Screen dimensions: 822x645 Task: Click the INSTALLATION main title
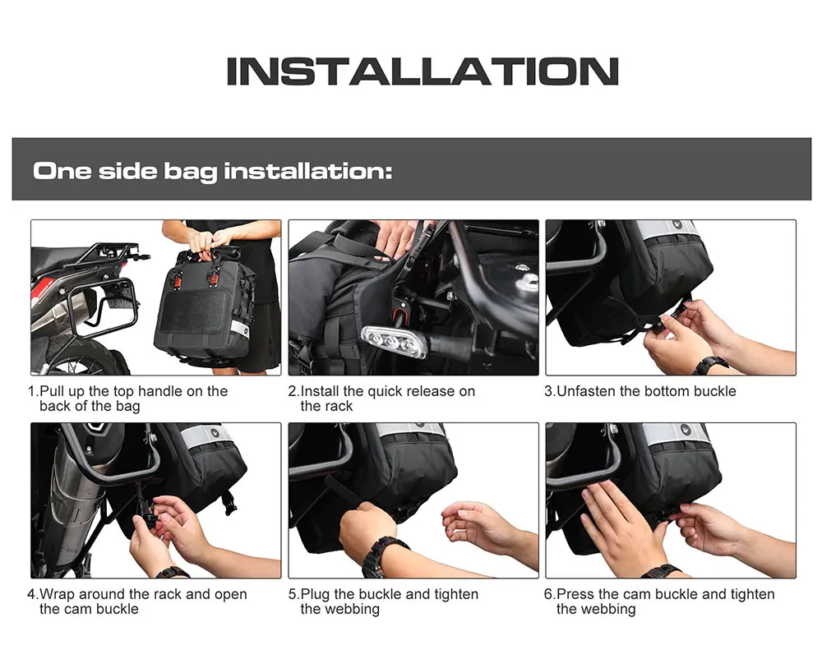[x=423, y=71]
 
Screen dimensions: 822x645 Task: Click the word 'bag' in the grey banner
[x=191, y=172]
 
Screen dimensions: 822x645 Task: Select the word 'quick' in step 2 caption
[x=383, y=391]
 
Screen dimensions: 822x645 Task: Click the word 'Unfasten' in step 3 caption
[x=585, y=391]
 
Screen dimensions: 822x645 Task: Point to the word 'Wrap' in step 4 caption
[x=57, y=595]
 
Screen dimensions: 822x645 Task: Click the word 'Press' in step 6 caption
[x=575, y=595]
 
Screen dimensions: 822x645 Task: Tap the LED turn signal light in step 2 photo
[x=393, y=341]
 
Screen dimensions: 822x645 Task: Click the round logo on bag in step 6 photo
[x=686, y=431]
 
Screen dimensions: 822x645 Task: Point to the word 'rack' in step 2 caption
[x=340, y=407]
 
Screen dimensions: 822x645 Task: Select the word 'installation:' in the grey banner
[x=308, y=171]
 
